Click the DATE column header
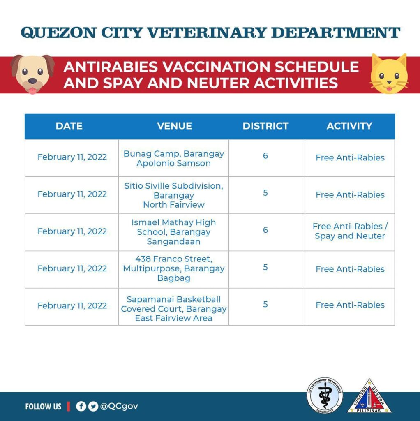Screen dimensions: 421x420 tap(69, 126)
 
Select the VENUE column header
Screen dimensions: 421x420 tap(174, 126)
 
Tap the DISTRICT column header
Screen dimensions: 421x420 tap(265, 126)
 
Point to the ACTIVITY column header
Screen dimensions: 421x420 tap(349, 126)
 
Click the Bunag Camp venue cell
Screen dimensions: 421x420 tap(174, 158)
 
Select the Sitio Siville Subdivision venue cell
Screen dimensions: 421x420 tap(174, 195)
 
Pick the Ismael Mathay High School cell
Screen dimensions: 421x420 tap(174, 232)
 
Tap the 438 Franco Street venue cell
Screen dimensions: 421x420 tap(174, 269)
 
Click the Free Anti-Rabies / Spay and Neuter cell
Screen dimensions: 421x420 tap(350, 231)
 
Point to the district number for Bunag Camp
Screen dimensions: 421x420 tap(265, 156)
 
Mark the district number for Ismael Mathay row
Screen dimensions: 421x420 tap(265, 230)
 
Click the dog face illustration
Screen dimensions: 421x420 tap(32, 74)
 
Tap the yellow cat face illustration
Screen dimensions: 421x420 tap(388, 74)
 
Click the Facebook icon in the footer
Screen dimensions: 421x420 tap(81, 407)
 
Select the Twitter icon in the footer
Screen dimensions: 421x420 tap(93, 407)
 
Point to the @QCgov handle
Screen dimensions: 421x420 tap(119, 407)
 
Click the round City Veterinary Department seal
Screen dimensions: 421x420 tap(325, 395)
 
